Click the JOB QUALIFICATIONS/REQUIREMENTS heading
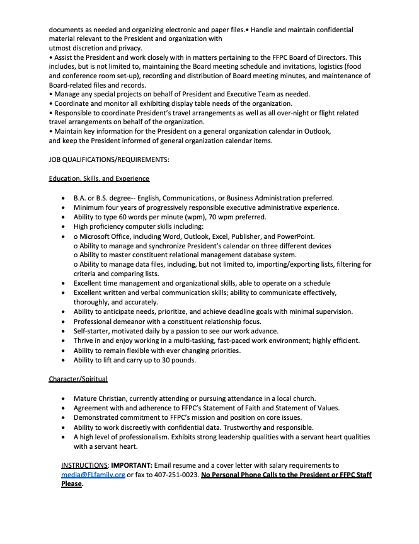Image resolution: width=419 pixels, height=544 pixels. [x=108, y=159]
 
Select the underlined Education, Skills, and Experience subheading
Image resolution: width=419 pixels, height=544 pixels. [x=99, y=178]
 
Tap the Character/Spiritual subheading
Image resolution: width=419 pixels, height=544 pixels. [x=78, y=379]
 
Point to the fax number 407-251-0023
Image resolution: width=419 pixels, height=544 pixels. [x=164, y=475]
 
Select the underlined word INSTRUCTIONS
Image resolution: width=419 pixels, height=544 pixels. [x=85, y=465]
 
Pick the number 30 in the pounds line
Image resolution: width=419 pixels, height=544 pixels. [x=166, y=360]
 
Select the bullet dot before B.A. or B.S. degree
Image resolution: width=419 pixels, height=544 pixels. [x=64, y=198]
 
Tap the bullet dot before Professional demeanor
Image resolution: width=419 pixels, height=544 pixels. [x=64, y=321]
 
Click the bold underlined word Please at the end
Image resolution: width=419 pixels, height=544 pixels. [x=71, y=484]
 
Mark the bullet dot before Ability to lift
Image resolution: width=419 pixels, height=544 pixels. [x=64, y=360]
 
